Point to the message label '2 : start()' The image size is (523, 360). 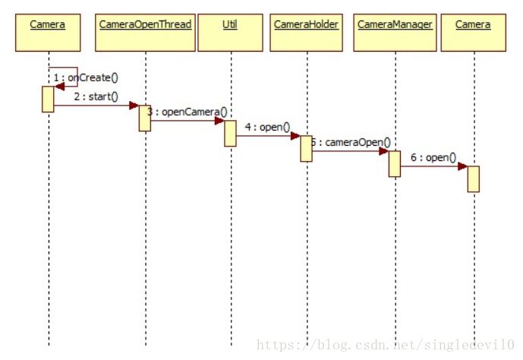point(96,96)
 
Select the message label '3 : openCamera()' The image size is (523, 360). point(187,112)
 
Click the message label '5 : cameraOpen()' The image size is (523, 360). point(351,142)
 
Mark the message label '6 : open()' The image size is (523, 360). point(433,157)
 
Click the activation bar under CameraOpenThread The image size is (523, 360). point(144,118)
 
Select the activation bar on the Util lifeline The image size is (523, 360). point(230,133)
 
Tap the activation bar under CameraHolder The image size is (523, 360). point(306,148)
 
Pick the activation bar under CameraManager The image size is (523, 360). point(395,163)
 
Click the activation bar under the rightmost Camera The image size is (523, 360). point(473,178)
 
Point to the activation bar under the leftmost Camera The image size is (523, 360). point(48,99)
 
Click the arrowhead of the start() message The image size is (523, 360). point(134,106)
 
